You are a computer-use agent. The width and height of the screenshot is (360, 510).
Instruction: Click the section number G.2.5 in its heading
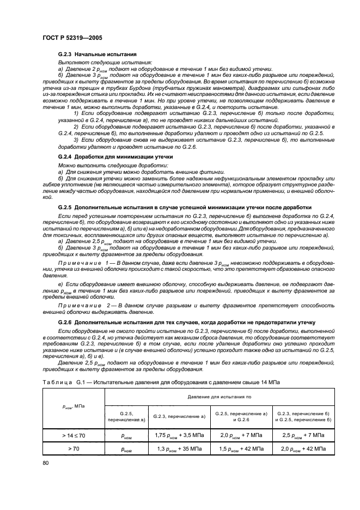coord(65,207)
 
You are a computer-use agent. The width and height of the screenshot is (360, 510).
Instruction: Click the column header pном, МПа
coord(71,406)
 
